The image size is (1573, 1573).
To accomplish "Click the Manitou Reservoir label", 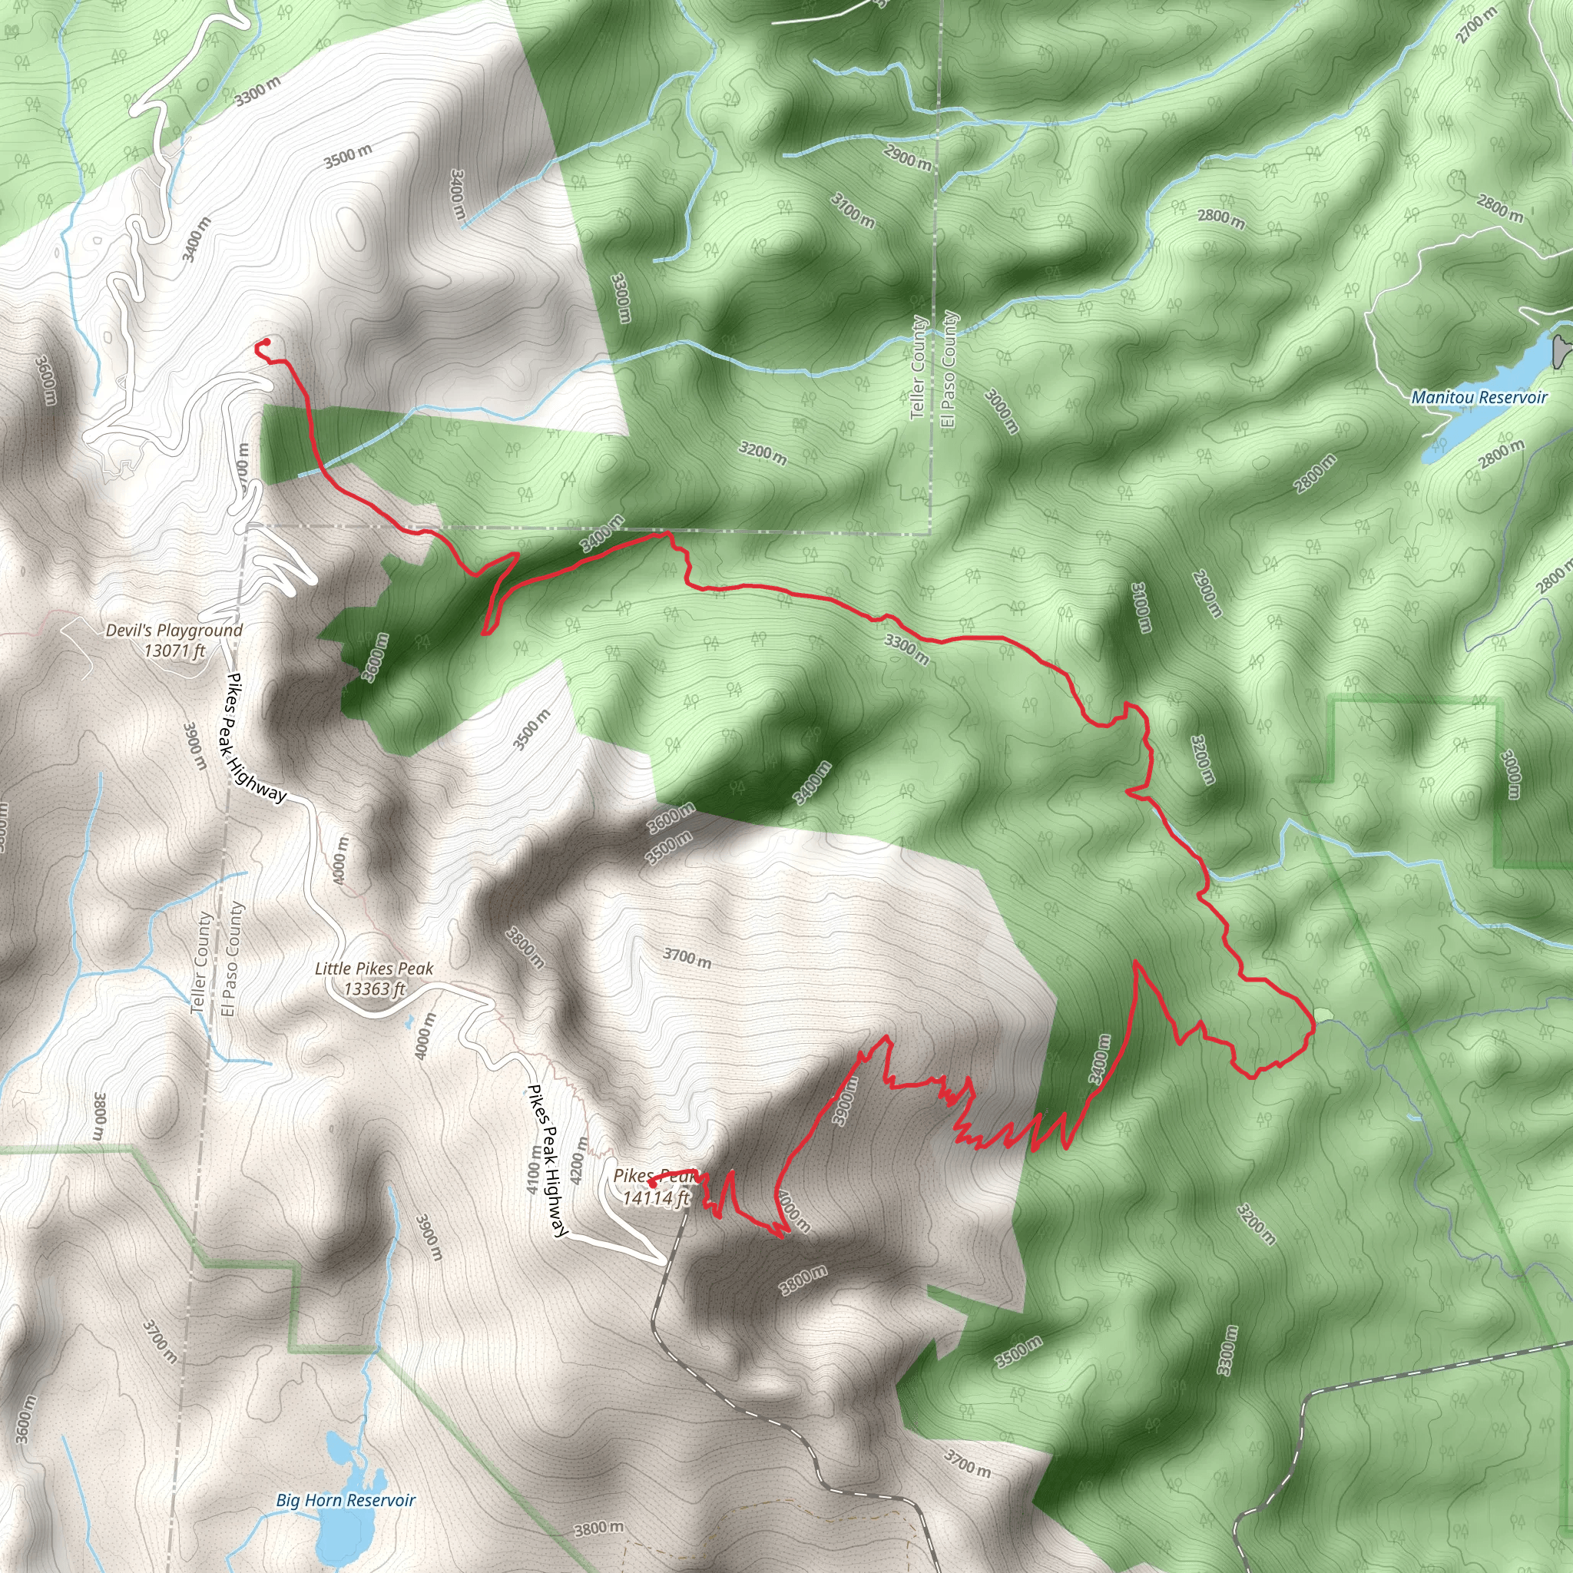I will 1479,397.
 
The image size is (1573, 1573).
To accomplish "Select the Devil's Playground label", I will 174,630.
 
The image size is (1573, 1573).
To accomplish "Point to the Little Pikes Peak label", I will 374,969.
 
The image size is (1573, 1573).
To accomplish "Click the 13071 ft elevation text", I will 174,651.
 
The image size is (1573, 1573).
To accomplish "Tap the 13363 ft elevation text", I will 375,989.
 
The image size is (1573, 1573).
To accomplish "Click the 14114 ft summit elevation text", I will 655,1197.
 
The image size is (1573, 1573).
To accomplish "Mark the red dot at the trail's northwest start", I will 267,342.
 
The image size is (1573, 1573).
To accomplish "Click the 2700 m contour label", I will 1477,25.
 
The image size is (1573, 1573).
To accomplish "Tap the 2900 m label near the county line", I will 907,157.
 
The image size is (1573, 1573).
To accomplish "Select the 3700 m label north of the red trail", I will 687,958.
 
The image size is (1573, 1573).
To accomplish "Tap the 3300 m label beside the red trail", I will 906,648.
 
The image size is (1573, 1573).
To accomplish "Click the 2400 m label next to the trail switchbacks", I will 1100,1059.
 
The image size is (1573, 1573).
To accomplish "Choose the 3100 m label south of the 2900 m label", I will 853,210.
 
